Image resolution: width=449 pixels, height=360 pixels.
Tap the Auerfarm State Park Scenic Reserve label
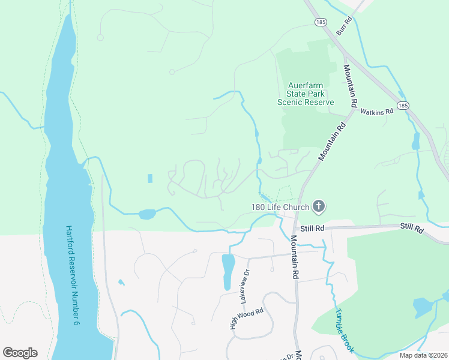(305, 94)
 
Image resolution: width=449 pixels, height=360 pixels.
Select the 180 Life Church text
(280, 208)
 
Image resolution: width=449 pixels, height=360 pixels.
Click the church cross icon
(318, 207)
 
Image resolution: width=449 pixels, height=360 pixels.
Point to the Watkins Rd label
(376, 111)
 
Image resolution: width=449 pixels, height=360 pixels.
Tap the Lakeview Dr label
(246, 281)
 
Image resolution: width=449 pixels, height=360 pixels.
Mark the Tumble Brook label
(345, 331)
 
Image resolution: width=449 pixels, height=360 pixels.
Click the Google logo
(20, 353)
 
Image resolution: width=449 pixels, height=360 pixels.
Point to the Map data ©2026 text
(423, 355)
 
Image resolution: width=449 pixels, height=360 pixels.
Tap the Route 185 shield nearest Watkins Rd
(403, 105)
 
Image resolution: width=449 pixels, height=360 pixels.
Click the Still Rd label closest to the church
(312, 229)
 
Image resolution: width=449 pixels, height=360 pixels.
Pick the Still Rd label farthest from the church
(412, 230)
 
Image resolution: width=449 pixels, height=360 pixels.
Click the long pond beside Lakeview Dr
(228, 271)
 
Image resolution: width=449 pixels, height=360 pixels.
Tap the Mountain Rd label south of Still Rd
(295, 257)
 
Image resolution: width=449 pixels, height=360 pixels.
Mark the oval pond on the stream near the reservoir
(147, 214)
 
